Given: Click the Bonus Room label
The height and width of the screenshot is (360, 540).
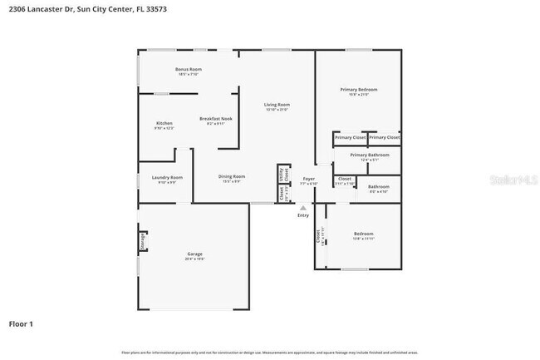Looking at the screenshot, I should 189,69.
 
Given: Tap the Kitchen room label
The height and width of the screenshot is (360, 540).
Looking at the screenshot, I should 164,124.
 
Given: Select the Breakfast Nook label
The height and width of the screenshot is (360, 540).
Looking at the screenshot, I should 214,119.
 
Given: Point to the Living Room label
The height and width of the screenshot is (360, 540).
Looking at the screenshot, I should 277,105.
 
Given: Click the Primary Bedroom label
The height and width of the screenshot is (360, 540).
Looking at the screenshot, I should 358,89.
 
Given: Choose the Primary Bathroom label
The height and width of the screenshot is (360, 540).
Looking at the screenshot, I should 370,155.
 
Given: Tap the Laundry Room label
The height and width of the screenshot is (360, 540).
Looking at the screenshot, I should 167,177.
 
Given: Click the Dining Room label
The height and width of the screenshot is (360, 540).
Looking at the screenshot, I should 232,176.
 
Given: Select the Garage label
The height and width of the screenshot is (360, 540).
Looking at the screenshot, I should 194,254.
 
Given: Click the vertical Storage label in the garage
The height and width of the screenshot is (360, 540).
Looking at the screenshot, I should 143,241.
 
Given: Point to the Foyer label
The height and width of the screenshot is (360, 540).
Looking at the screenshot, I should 308,179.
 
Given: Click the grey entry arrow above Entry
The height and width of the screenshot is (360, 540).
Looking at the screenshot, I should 302,207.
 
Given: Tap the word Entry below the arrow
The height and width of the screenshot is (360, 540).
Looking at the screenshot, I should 302,215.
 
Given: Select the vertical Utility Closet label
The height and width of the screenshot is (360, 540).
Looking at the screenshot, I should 282,175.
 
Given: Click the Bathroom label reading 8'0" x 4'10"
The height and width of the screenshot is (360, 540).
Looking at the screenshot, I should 378,186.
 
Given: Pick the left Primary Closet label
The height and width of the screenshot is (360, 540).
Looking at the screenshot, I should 350,137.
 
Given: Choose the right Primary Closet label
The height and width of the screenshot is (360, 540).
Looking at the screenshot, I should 384,137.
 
